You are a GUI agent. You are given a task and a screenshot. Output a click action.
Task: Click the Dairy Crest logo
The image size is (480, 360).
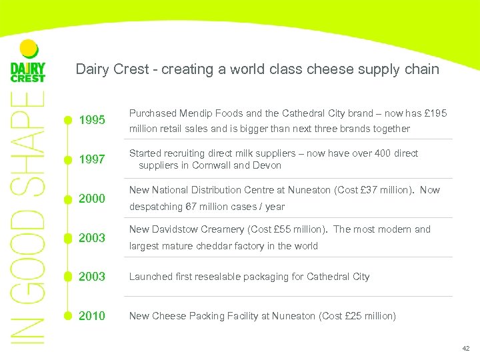pos(28,63)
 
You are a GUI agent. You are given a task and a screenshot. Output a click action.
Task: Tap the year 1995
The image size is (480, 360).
pos(92,121)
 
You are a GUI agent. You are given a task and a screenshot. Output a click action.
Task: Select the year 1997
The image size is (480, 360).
pos(92,159)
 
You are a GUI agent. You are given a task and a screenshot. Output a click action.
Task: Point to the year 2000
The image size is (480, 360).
pos(92,199)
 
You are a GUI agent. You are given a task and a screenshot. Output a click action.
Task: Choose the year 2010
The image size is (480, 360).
pos(92,315)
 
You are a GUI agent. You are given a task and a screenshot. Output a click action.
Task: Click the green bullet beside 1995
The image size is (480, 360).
pos(67,121)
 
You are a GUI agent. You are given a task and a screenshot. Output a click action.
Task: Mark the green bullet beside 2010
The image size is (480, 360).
pos(67,315)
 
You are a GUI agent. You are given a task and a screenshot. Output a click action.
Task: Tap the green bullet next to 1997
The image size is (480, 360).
pos(67,159)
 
